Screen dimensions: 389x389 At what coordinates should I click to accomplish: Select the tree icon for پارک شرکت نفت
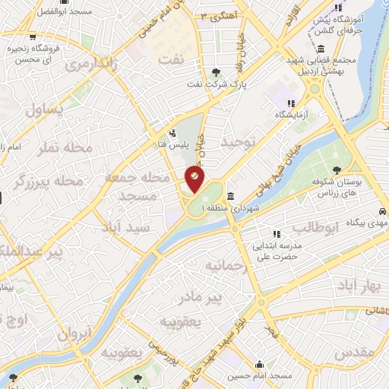click(217, 73)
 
